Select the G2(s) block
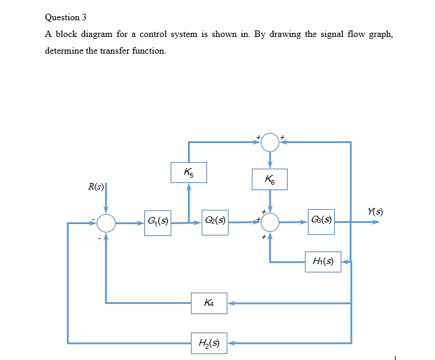click(214, 223)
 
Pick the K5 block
click(189, 173)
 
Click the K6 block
click(270, 179)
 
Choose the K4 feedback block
click(209, 303)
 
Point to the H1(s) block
click(323, 260)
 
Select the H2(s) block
click(209, 343)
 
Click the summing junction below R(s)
click(106, 224)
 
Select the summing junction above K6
click(270, 142)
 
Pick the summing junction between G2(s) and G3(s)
click(270, 223)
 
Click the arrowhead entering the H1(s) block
click(345, 261)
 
